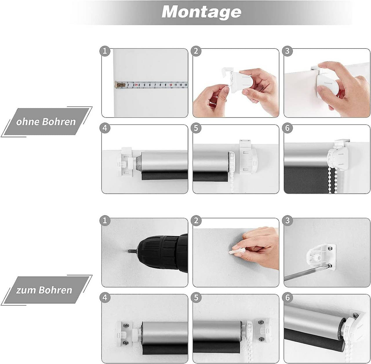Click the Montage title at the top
(x=201, y=12)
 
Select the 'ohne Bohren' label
(x=46, y=122)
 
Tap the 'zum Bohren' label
(x=44, y=290)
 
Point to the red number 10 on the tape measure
(x=171, y=85)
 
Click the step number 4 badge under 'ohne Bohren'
(x=105, y=128)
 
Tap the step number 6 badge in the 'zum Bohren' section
(x=287, y=297)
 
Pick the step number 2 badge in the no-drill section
(x=196, y=51)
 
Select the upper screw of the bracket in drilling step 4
(x=125, y=325)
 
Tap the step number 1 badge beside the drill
(x=105, y=221)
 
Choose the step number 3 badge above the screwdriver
(x=287, y=221)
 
